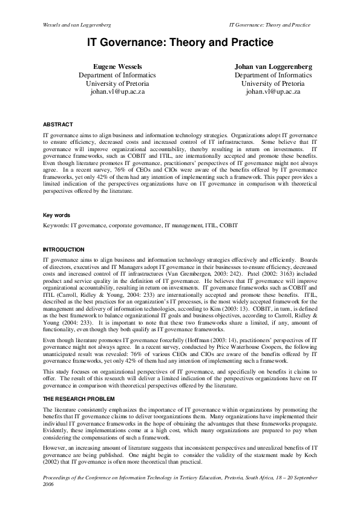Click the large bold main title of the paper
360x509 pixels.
[x=180, y=43]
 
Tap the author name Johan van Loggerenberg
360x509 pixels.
[x=272, y=65]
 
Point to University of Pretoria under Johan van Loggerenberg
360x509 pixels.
[x=272, y=83]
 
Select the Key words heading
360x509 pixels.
[x=57, y=215]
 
